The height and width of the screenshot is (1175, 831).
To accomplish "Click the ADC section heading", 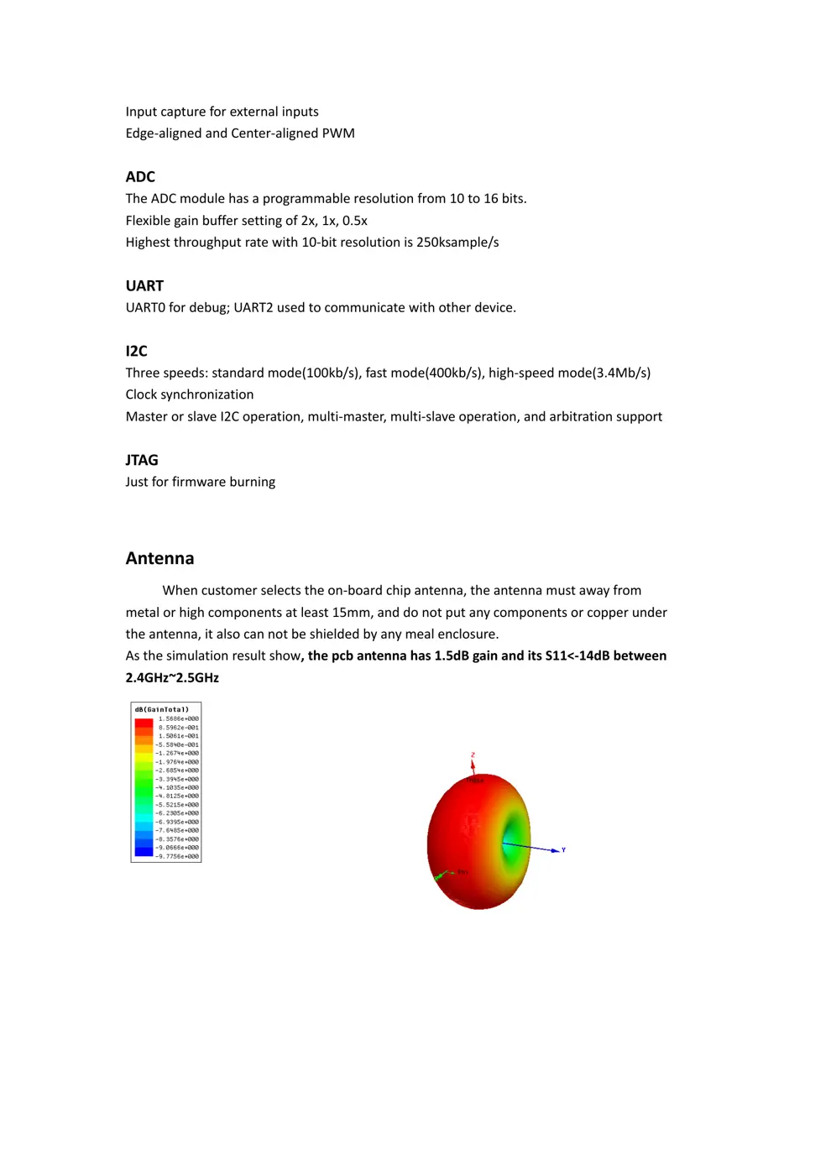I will point(140,177).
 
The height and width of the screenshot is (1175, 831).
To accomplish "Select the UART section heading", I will point(144,286).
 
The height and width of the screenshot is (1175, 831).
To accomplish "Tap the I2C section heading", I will point(136,352).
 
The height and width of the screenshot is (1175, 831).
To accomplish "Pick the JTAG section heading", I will point(142,461).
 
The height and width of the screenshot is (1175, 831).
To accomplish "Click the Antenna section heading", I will point(159,559).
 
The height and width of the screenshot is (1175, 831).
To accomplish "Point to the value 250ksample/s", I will point(457,243).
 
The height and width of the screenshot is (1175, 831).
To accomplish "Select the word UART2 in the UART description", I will point(253,308).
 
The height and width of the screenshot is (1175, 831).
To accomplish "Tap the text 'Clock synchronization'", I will point(190,395).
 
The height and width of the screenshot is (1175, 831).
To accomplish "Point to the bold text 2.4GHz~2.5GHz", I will point(172,678).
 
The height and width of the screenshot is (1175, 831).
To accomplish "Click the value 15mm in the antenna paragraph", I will point(352,613).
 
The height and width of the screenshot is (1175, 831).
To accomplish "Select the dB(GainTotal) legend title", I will point(162,710).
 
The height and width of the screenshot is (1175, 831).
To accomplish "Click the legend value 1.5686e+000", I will point(179,719).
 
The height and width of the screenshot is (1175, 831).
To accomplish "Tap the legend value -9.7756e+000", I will point(177,857).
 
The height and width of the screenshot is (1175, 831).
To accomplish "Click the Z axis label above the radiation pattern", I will point(473,755).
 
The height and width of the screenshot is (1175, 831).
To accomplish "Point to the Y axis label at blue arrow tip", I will point(564,850).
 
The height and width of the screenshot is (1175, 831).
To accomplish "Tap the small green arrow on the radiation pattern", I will point(440,875).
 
